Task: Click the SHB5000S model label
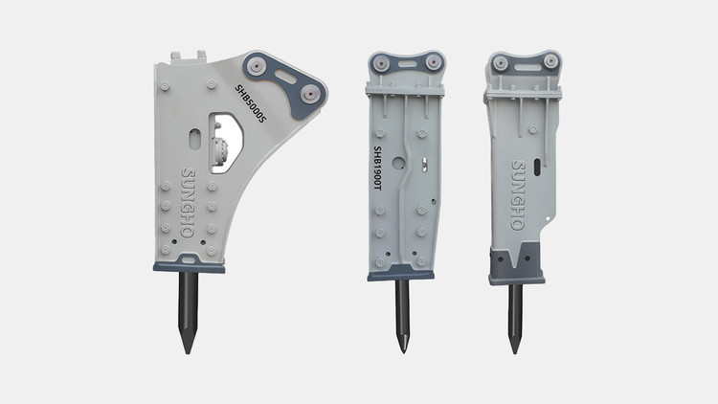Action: (250, 103)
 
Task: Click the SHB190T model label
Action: (377, 168)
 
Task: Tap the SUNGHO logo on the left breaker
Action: (189, 202)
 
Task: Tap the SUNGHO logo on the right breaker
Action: (518, 195)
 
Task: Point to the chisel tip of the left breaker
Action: (188, 352)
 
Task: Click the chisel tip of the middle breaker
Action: (403, 351)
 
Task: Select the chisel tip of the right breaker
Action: (515, 352)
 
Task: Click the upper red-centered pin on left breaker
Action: (257, 66)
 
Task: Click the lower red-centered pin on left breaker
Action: (310, 95)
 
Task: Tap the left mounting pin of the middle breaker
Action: (381, 63)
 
